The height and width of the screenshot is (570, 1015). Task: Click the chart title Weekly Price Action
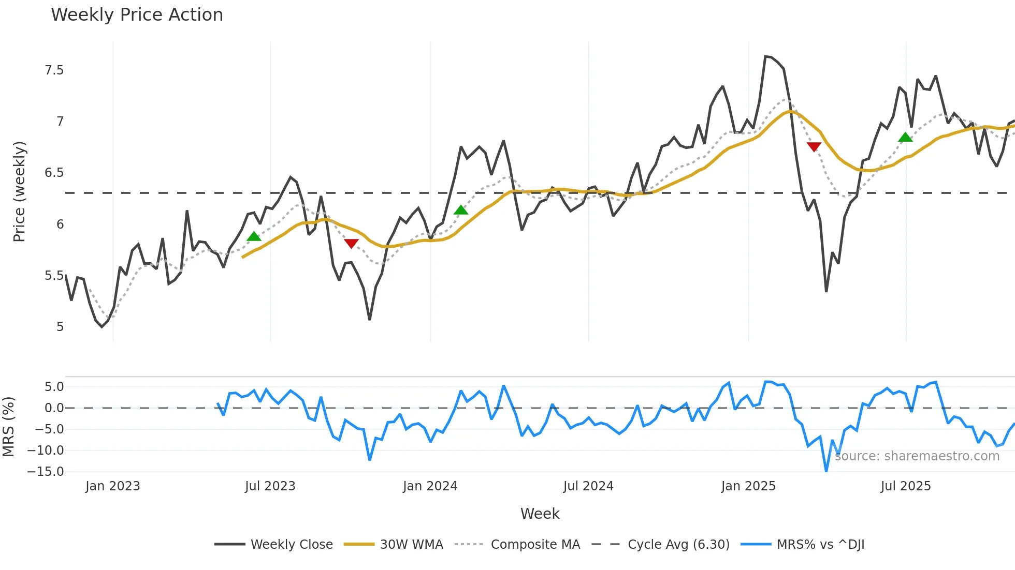click(137, 15)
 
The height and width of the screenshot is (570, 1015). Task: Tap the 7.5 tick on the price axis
click(54, 70)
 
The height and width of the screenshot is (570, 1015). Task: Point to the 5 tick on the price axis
click(60, 327)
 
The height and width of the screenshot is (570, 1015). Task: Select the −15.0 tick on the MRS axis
click(46, 472)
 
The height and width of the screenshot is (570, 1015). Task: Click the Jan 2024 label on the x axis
click(430, 486)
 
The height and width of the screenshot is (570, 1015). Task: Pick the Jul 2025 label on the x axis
click(905, 486)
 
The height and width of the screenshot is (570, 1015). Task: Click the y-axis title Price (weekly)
click(19, 191)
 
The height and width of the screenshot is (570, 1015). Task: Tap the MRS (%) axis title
click(9, 427)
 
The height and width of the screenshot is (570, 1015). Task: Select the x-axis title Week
click(540, 514)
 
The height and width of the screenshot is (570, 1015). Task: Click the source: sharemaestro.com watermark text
click(917, 456)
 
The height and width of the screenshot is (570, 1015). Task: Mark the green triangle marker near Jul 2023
click(254, 237)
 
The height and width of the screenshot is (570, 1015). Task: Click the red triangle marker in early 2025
click(814, 146)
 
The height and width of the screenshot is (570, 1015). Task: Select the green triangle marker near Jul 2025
click(905, 138)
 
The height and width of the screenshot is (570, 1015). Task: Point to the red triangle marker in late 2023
click(351, 243)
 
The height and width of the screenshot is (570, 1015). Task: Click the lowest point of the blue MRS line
click(826, 471)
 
